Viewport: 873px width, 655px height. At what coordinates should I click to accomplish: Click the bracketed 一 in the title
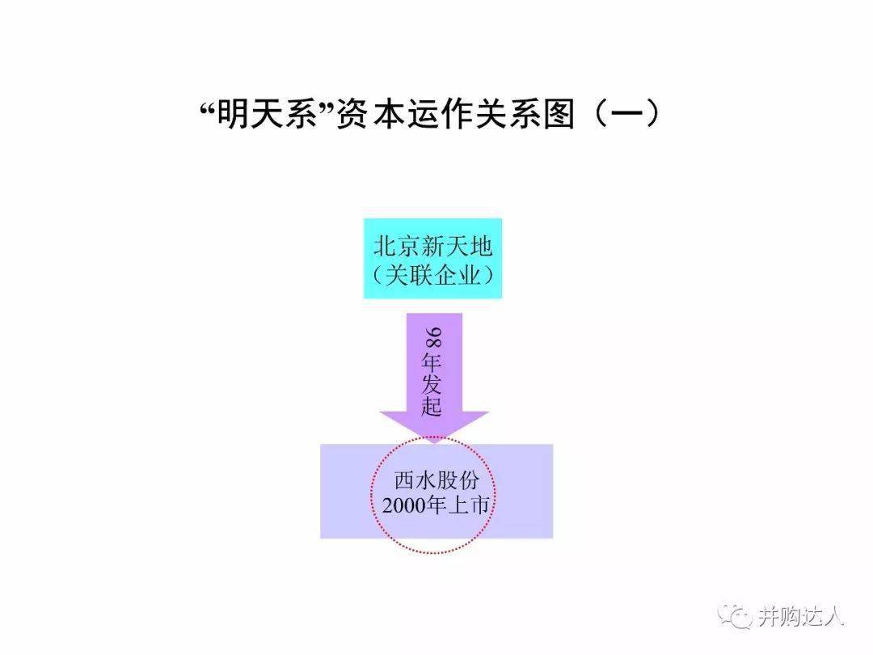coord(626,115)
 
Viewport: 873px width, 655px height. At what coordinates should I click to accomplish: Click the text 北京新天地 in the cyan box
coord(433,246)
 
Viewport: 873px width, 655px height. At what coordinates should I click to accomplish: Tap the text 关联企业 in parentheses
coord(433,275)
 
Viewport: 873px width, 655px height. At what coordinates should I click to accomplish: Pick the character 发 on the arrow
coord(432,384)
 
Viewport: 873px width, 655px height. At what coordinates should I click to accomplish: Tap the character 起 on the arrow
coord(432,407)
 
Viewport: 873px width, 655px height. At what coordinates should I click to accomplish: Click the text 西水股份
coord(436,481)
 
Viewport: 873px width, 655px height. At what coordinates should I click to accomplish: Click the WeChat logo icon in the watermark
coord(734,616)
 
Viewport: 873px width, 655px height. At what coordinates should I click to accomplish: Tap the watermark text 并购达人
coord(800,616)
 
